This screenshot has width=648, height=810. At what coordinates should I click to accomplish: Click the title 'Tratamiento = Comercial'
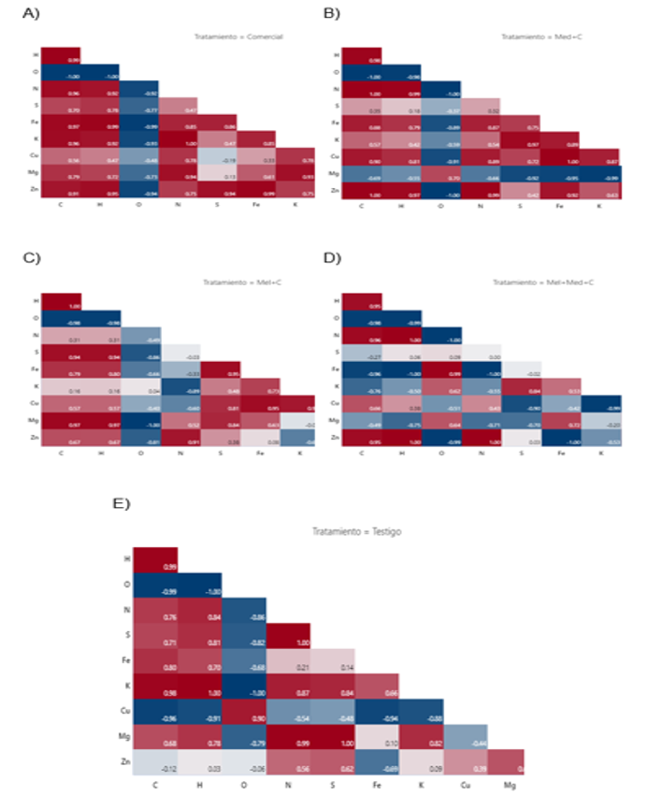point(238,37)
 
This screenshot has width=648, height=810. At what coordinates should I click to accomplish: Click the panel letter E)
point(122,504)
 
